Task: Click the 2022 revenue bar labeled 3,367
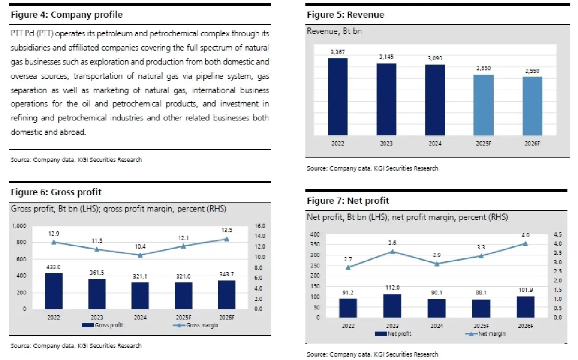click(338, 96)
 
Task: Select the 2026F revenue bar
click(532, 106)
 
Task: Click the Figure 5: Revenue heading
click(345, 15)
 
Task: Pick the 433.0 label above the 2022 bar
click(53, 266)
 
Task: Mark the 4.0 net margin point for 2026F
click(525, 243)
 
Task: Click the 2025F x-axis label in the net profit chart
click(481, 326)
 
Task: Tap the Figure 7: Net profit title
click(348, 200)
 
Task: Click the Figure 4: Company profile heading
click(66, 15)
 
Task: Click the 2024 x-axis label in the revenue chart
click(435, 143)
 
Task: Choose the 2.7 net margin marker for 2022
click(348, 267)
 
